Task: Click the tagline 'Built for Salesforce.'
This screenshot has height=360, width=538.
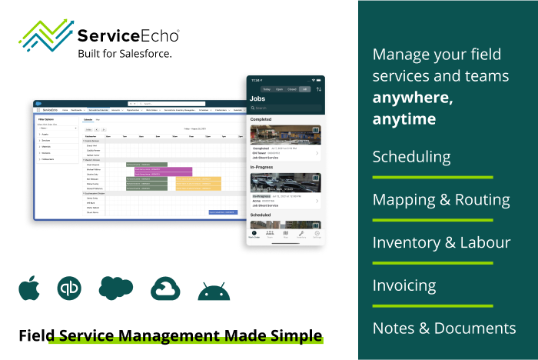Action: [x=125, y=53]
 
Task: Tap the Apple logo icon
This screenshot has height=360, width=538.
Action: [x=30, y=288]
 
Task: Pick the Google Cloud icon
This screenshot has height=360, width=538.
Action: [x=165, y=289]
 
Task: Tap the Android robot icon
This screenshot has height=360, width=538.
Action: [x=213, y=291]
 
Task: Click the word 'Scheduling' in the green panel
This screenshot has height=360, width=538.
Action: [x=411, y=157]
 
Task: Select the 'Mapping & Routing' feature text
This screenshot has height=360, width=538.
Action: [x=440, y=200]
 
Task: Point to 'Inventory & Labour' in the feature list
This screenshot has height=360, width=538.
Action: [x=441, y=242]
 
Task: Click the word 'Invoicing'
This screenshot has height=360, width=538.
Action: [x=404, y=285]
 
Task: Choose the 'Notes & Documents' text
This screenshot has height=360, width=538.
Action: [x=444, y=328]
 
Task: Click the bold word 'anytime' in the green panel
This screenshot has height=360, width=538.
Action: [x=404, y=120]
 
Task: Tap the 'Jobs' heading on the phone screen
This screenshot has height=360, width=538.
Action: [x=258, y=98]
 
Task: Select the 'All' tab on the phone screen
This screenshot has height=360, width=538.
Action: [x=304, y=89]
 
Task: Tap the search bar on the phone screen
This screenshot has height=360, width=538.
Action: [x=284, y=108]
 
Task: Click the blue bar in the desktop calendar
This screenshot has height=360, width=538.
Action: [x=223, y=212]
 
